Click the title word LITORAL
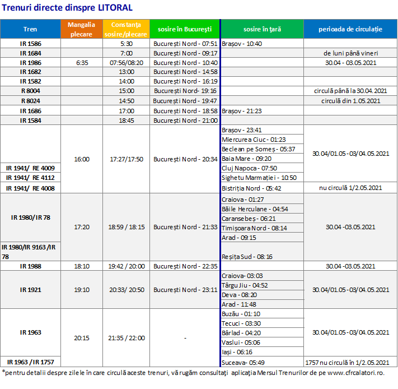(x=115, y=7)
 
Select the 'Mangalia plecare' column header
(x=82, y=29)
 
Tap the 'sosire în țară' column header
(x=262, y=29)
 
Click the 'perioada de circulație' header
(x=350, y=29)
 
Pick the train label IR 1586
(x=30, y=44)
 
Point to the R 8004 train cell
(x=30, y=91)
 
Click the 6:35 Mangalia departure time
(x=82, y=63)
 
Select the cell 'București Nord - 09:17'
(x=185, y=53)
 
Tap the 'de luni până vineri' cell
(x=350, y=53)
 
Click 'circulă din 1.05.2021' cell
(x=350, y=101)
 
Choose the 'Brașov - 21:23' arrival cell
(x=242, y=111)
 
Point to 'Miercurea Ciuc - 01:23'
(x=254, y=140)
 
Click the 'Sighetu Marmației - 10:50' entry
(x=259, y=178)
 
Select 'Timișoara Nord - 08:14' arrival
(x=254, y=228)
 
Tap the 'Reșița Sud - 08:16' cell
(x=247, y=257)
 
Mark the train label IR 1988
(x=30, y=266)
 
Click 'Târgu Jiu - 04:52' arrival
(x=245, y=285)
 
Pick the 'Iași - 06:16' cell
(x=237, y=352)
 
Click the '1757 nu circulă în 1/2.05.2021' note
(x=347, y=363)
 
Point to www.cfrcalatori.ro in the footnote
(x=355, y=373)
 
